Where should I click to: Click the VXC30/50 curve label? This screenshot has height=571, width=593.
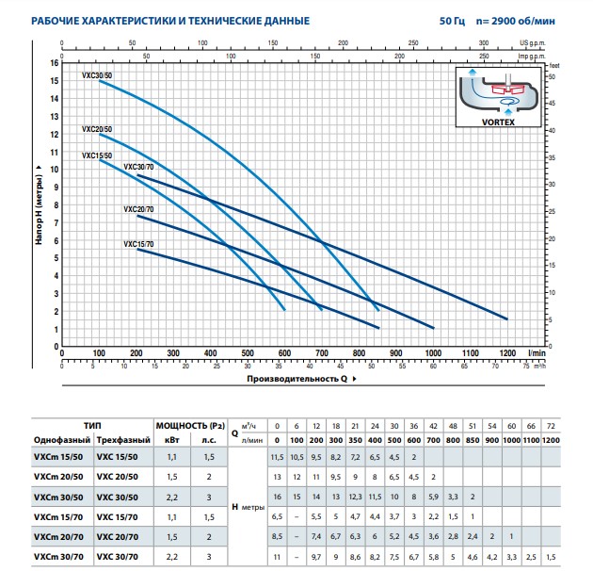click(x=97, y=75)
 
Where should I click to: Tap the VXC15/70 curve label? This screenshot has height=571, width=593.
click(x=138, y=244)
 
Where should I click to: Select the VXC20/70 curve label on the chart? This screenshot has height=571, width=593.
click(x=138, y=209)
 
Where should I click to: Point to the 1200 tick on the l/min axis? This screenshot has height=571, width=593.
click(x=507, y=353)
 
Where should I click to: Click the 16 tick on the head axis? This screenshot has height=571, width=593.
click(x=55, y=63)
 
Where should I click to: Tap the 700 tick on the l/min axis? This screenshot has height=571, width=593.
click(x=322, y=353)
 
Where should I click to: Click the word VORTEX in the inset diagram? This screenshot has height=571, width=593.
click(x=498, y=122)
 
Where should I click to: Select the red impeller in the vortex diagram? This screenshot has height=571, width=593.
click(x=508, y=90)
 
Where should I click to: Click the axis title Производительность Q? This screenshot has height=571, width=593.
click(x=296, y=379)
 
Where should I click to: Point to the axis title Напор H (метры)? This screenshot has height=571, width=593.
click(x=39, y=209)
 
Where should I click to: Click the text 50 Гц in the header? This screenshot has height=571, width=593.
click(x=453, y=21)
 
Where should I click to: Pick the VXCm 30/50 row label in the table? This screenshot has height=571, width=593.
click(x=58, y=498)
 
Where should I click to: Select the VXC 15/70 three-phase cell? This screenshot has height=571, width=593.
click(x=117, y=517)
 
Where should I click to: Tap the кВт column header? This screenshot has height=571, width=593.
click(x=171, y=440)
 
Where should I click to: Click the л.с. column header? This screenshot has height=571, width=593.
click(x=209, y=440)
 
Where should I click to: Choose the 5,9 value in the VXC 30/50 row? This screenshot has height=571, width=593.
click(x=433, y=497)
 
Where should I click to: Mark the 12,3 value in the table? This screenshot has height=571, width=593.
click(x=355, y=497)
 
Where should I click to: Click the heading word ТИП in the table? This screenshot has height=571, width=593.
click(x=92, y=426)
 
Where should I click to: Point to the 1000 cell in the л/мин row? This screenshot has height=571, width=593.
click(x=512, y=440)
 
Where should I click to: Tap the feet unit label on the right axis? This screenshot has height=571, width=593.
click(x=554, y=66)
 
